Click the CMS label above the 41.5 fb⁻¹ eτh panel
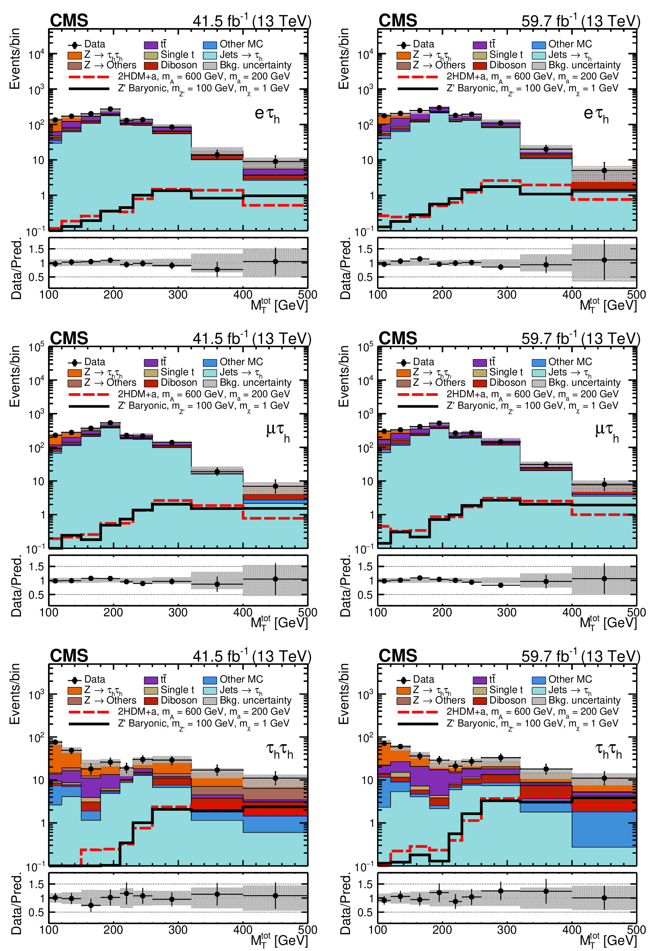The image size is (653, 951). coord(69,21)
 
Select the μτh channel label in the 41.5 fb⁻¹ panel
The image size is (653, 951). coord(278,432)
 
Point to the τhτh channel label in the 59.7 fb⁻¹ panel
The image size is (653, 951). coord(608,750)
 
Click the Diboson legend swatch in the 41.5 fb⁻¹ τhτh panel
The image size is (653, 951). coord(151,700)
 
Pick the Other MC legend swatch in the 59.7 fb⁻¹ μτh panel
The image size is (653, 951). coord(539,362)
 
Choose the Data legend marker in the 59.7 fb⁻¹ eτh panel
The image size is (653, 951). coord(403,45)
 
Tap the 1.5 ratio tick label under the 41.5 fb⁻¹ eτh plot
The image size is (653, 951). coord(37,249)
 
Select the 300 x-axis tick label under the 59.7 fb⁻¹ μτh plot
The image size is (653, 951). coord(507,613)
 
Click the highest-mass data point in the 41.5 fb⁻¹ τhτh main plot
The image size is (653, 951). coord(276,778)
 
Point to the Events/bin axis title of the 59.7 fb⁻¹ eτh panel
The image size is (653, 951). coord(344,58)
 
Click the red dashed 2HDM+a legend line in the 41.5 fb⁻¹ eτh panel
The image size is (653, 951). coord(89,76)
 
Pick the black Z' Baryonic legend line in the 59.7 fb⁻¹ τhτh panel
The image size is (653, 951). coord(418,723)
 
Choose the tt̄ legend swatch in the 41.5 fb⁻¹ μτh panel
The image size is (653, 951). coord(151,362)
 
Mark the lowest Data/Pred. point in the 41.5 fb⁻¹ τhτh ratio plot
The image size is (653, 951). coord(91,905)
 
